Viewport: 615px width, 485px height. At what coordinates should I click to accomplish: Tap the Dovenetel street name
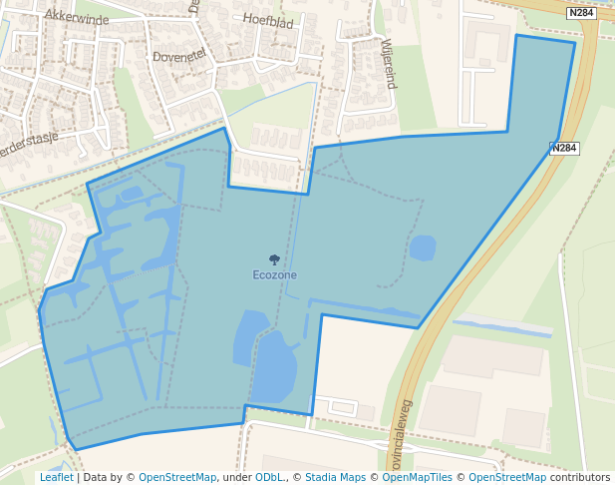pos(179,56)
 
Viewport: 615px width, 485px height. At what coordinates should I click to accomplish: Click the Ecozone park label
pos(274,274)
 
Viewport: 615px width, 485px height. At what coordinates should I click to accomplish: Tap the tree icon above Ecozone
pos(274,259)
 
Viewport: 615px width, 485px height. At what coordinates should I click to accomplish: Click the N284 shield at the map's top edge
pos(580,13)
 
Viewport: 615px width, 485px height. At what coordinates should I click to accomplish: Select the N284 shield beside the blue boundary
pos(564,148)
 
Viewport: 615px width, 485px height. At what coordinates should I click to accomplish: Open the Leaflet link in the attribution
pos(56,478)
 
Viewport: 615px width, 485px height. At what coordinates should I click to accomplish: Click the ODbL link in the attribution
pos(268,478)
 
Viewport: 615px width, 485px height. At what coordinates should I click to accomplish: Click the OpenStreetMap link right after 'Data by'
pos(177,478)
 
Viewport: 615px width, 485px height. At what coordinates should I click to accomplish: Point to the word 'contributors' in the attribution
pos(580,478)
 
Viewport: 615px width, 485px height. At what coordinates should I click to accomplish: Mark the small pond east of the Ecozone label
pos(423,247)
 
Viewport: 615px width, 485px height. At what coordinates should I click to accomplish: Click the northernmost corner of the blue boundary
pos(517,36)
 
